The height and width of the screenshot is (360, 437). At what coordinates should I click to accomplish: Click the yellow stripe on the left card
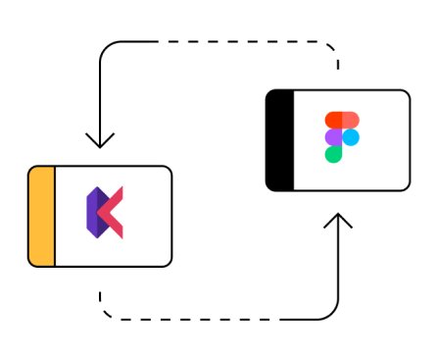coord(41,216)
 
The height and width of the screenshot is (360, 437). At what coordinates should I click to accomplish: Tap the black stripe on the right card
coord(279,140)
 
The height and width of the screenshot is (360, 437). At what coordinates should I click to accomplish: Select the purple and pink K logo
coord(104,215)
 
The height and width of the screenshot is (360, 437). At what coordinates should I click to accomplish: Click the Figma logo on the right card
coord(341,136)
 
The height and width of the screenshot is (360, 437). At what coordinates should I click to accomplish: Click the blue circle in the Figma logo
coord(351,136)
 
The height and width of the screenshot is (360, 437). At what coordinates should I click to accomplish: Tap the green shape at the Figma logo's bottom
coord(334,153)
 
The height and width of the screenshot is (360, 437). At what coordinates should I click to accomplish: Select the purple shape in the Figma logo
coord(334,136)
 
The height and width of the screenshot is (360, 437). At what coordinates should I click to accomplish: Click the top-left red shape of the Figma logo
coord(334,120)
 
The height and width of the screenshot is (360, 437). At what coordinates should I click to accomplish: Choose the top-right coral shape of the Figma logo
coord(350,120)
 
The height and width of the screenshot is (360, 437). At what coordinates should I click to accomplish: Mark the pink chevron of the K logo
coord(113,215)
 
